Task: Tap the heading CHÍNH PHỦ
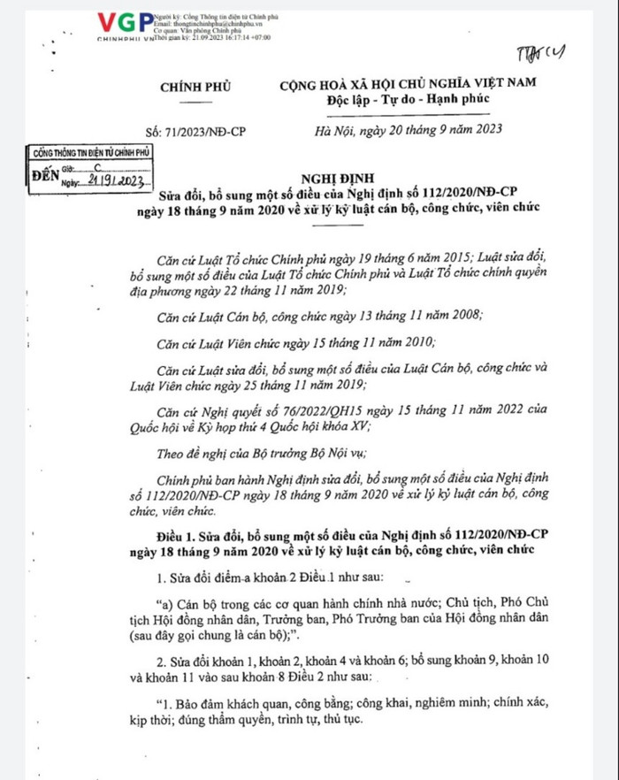[x=194, y=86]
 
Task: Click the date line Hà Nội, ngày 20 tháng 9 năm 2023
[x=409, y=130]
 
